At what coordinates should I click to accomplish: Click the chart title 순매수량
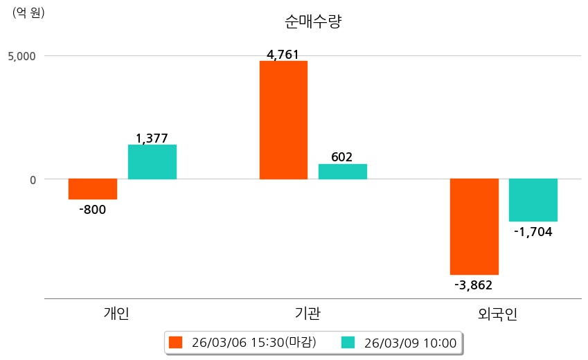(x=313, y=21)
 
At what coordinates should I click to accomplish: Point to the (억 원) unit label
(x=28, y=12)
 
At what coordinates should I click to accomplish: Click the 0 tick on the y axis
(x=31, y=179)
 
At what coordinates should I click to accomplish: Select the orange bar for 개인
(x=93, y=189)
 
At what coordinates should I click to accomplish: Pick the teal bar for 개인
(x=152, y=162)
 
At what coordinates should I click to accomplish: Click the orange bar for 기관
(x=283, y=120)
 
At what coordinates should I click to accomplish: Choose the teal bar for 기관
(x=343, y=172)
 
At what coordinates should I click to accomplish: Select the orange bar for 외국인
(x=474, y=226)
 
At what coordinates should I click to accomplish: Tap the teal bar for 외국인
(x=533, y=200)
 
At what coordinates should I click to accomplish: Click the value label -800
(x=93, y=210)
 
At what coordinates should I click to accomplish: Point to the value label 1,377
(x=152, y=138)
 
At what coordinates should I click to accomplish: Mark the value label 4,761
(x=283, y=55)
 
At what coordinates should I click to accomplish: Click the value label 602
(x=342, y=157)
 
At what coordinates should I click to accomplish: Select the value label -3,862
(x=474, y=285)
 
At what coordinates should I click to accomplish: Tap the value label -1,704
(x=533, y=232)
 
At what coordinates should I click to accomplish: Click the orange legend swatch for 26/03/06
(x=176, y=343)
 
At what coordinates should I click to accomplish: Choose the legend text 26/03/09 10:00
(x=410, y=343)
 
